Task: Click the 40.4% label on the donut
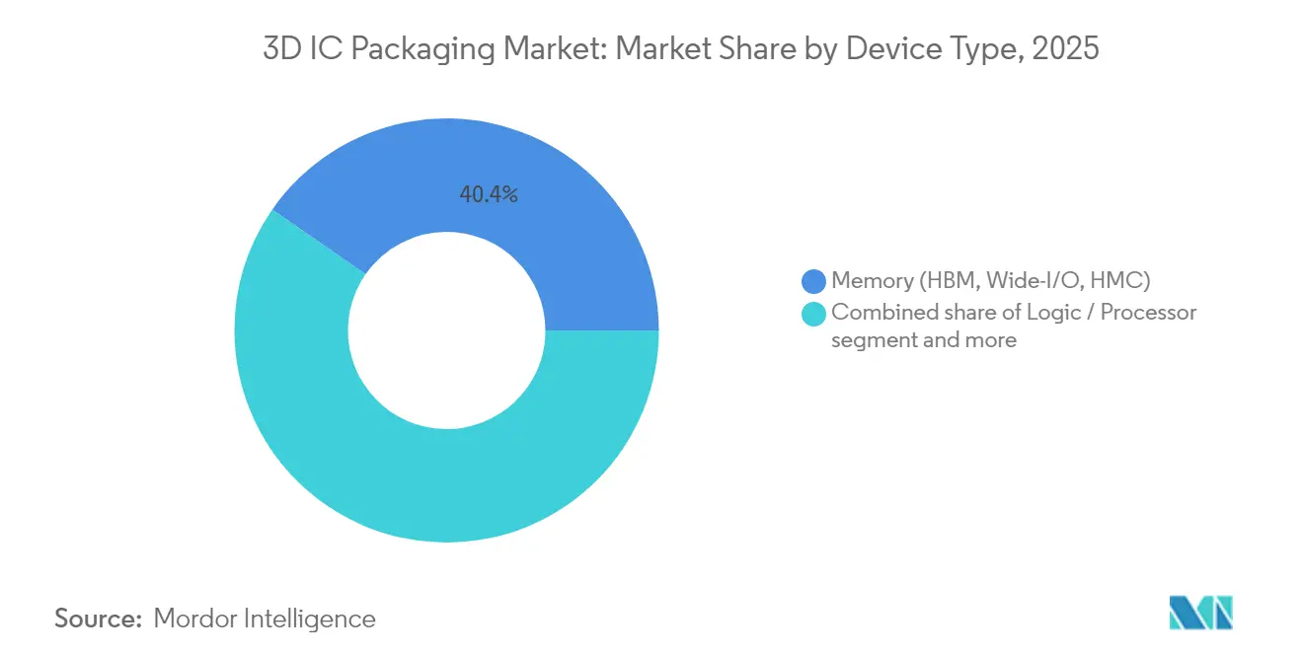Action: click(x=489, y=194)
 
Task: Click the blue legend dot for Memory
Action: click(x=814, y=282)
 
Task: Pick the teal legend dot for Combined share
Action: click(x=814, y=314)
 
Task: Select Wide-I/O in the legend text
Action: click(x=1034, y=282)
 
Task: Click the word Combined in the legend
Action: click(x=878, y=313)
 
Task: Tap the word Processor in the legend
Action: click(x=1148, y=313)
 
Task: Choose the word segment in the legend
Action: click(x=867, y=340)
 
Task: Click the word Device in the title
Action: click(x=887, y=49)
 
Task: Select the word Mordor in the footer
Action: click(x=195, y=619)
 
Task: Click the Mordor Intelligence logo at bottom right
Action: click(x=1201, y=613)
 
